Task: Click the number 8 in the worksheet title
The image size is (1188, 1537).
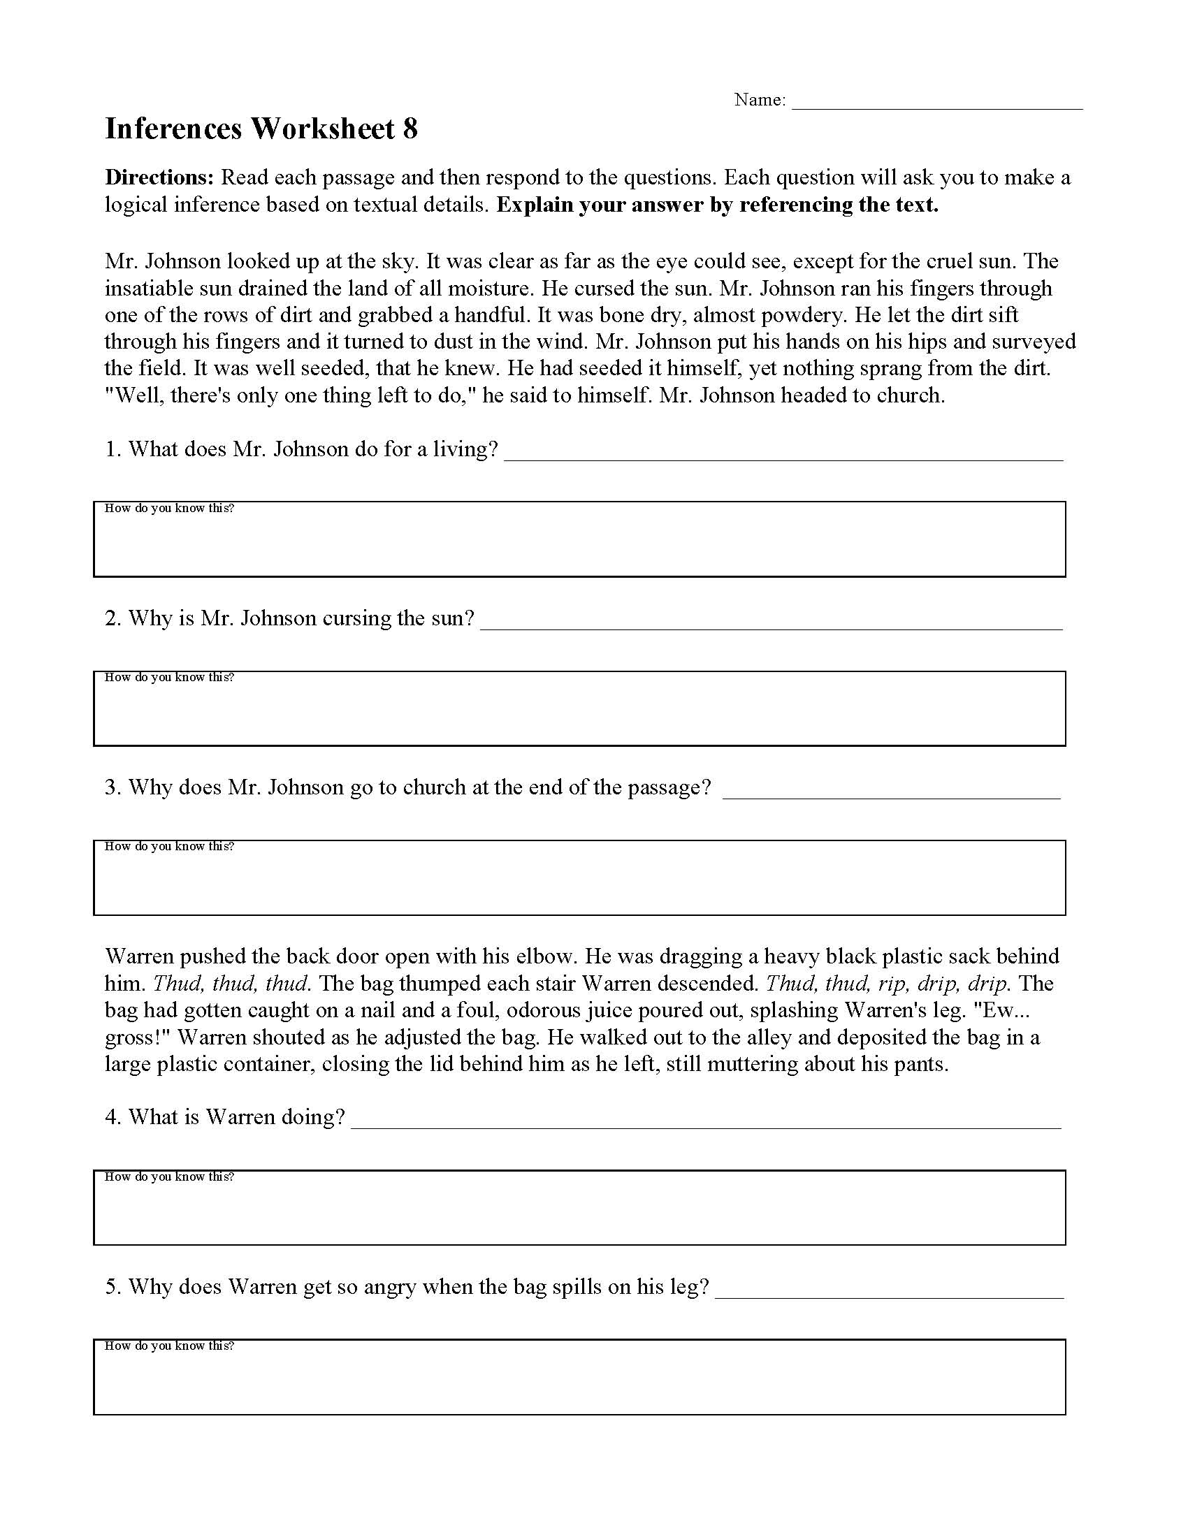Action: coord(410,129)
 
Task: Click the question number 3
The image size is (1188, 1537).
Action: coord(113,787)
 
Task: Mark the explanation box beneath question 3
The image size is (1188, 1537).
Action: coord(579,883)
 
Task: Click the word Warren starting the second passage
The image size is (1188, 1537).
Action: coord(139,956)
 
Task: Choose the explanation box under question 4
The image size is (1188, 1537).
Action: coord(579,1214)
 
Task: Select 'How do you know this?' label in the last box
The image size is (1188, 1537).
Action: coord(169,1346)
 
